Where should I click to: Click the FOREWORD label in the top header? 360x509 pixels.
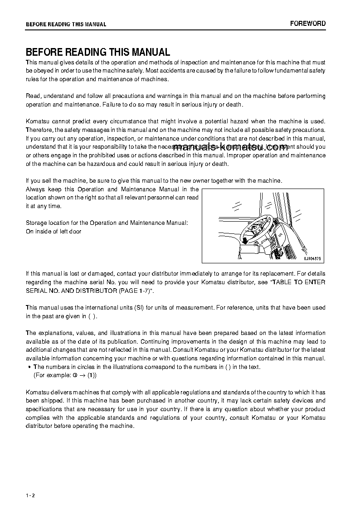tap(308, 24)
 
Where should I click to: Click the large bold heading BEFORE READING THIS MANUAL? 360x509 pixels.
tap(98, 52)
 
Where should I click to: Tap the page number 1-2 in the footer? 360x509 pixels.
tap(30, 495)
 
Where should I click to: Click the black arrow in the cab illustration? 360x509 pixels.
tap(245, 240)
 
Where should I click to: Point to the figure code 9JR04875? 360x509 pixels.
tap(312, 257)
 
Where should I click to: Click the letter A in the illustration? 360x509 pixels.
tap(239, 257)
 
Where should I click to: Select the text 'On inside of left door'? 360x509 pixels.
tap(54, 232)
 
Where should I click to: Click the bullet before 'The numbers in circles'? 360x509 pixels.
tap(29, 367)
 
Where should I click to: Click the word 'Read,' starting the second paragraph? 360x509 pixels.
tap(34, 96)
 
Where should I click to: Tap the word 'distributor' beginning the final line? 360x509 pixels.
tap(41, 426)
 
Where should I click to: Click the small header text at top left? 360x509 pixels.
tap(66, 24)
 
